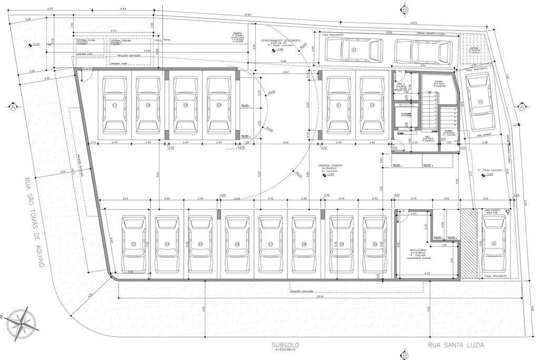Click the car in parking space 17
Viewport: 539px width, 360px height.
tap(114, 105)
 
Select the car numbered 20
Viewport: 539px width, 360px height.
tap(218, 105)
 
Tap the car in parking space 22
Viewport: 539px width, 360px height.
tap(372, 105)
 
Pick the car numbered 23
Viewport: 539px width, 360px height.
tap(134, 244)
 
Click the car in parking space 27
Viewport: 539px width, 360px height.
tap(270, 244)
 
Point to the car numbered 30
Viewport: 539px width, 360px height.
tap(374, 244)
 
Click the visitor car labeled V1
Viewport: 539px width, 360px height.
tap(480, 102)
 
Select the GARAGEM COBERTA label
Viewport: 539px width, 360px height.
tap(330, 165)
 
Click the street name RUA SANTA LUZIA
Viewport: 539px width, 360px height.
tap(456, 345)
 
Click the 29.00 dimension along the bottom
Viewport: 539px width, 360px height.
tap(320, 298)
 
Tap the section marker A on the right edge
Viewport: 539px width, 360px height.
tap(522, 106)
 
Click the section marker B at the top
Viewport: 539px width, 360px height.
tap(404, 9)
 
